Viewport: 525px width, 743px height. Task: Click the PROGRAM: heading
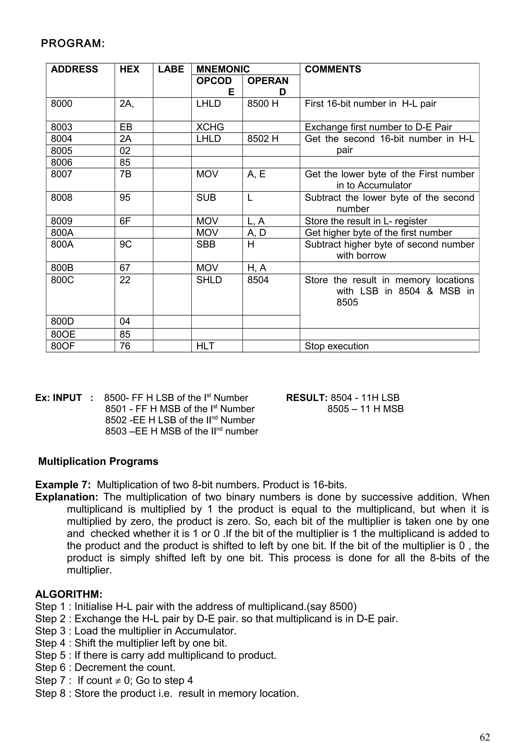[73, 43]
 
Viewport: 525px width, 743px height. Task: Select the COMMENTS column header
[332, 69]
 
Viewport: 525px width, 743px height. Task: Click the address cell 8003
[62, 127]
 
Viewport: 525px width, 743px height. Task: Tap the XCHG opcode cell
[210, 127]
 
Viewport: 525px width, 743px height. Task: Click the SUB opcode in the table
[206, 197]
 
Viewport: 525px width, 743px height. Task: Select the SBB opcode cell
[206, 244]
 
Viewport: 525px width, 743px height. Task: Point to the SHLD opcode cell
[209, 280]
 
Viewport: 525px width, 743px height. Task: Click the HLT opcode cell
[205, 346]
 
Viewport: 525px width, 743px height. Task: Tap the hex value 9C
[126, 244]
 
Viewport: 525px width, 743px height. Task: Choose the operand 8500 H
[263, 104]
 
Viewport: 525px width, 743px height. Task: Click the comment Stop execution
[336, 346]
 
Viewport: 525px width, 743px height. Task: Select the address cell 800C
[62, 280]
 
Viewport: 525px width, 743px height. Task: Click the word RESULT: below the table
[307, 398]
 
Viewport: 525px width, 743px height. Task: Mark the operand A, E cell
[256, 174]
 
